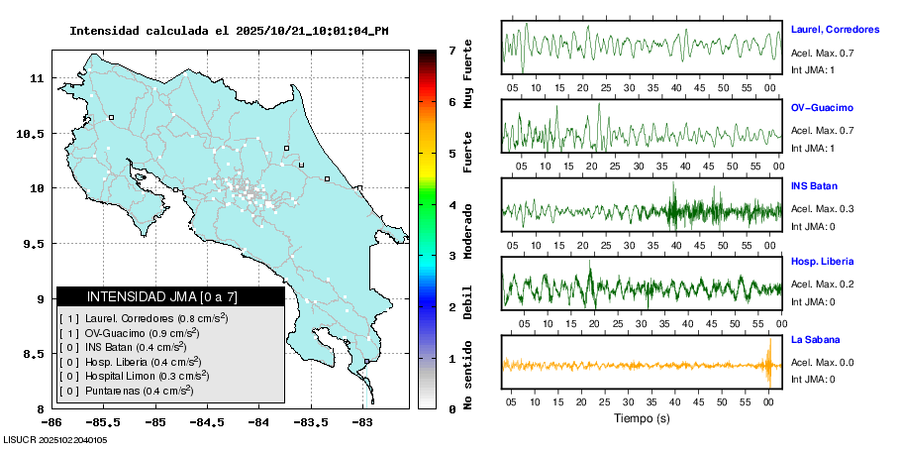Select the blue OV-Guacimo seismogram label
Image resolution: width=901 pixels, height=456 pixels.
(822, 107)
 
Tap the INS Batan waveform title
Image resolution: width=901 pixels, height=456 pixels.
(814, 185)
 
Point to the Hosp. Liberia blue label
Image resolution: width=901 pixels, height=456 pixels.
(822, 262)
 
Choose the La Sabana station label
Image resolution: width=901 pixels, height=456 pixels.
(816, 339)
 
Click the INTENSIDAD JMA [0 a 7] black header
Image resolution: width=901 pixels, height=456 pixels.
(169, 296)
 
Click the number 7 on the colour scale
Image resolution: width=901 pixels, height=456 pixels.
(451, 50)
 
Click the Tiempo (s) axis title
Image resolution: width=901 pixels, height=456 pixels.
(642, 418)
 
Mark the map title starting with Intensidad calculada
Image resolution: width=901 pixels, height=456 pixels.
(229, 31)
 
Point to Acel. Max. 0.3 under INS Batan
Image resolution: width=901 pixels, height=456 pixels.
(822, 209)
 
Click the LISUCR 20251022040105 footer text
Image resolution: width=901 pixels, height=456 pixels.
(55, 440)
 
